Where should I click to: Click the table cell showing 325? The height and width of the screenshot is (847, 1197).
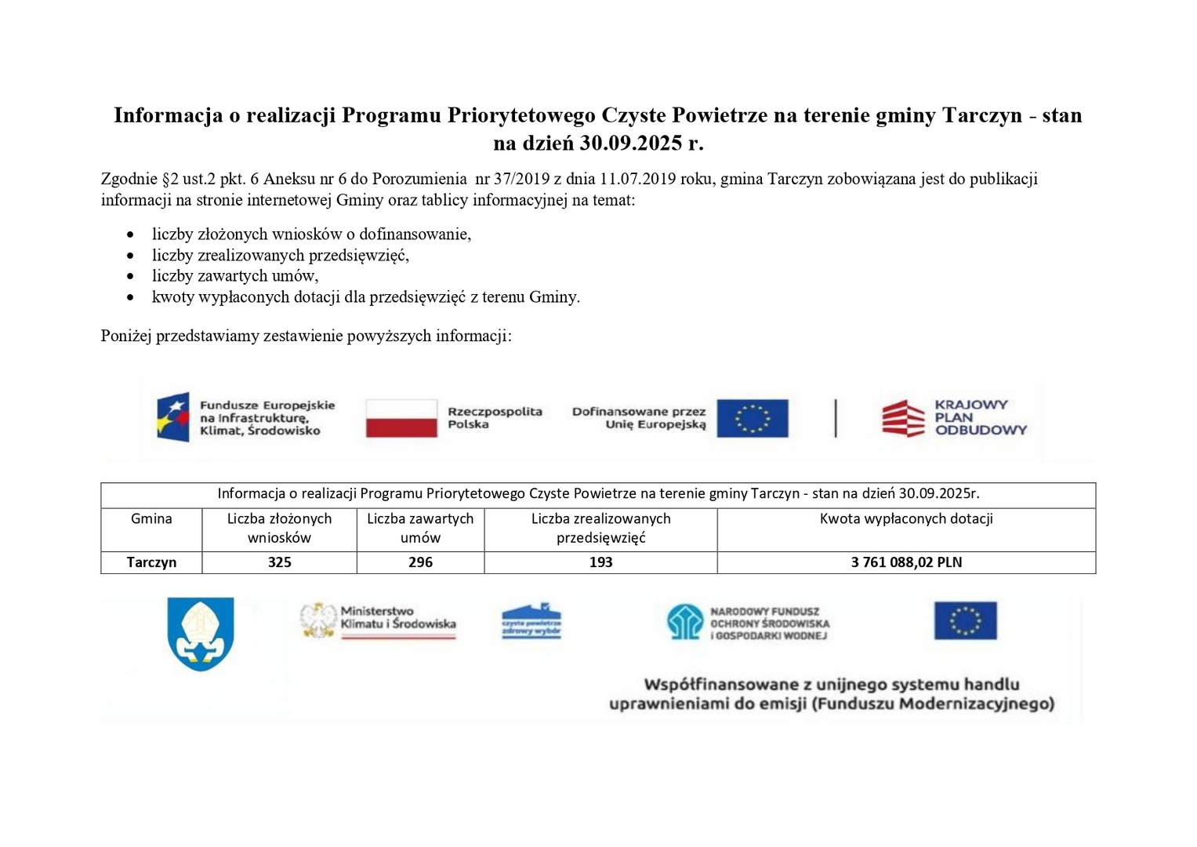point(279,562)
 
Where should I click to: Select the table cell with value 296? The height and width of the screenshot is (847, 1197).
point(420,562)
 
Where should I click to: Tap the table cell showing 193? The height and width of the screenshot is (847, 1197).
point(600,562)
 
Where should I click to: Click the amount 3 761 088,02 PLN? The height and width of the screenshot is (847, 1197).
point(906,562)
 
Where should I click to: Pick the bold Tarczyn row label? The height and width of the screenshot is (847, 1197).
point(151,562)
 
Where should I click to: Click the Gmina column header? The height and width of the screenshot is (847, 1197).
point(151,519)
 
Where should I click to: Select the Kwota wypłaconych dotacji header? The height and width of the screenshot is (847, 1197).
point(906,519)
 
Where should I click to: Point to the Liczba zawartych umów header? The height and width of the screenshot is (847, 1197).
point(420,528)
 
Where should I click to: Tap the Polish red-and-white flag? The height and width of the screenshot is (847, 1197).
point(401,418)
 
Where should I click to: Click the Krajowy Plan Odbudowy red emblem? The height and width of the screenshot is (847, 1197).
point(903,418)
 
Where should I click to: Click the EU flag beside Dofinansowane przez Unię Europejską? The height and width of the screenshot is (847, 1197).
point(752,418)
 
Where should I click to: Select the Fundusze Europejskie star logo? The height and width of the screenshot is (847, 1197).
point(173,417)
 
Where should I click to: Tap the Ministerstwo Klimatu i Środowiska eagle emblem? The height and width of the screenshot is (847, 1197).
point(318,620)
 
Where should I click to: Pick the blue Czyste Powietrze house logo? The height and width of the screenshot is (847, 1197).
point(531,621)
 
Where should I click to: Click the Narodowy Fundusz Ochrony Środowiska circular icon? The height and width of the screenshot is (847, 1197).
point(685,622)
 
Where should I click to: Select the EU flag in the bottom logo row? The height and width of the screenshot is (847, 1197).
point(965,620)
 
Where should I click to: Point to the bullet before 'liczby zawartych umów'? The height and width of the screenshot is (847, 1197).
point(131,277)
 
